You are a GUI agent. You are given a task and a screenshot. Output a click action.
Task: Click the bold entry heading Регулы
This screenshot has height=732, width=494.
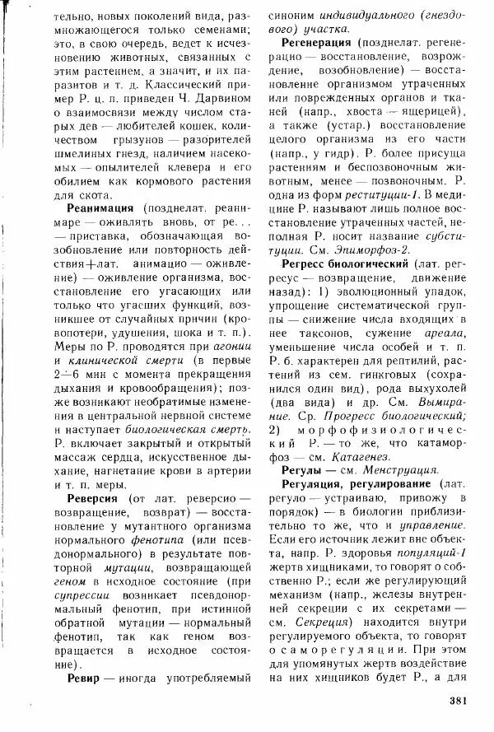[304, 469]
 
